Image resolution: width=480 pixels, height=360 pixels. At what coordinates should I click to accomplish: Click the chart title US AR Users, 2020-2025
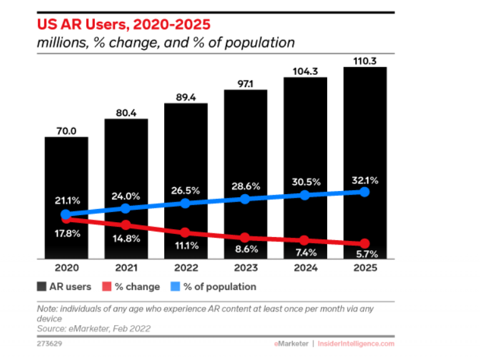tap(123, 25)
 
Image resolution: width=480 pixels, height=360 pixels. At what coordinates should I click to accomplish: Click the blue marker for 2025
tap(365, 192)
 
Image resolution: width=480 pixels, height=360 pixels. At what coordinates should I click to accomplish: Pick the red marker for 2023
tap(245, 237)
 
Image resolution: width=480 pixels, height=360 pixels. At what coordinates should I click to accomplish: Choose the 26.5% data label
tap(185, 190)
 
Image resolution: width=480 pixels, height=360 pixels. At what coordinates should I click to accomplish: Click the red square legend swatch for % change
tap(106, 287)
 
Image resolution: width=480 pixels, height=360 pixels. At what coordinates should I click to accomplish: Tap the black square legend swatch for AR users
tap(42, 287)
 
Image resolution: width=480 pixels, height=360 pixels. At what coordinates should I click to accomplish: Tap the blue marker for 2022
tap(185, 203)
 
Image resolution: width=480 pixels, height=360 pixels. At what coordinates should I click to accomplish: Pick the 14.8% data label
tap(125, 238)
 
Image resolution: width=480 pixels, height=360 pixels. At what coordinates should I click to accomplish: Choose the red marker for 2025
tap(365, 243)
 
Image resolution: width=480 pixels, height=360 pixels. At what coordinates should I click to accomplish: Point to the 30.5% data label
tap(305, 182)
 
